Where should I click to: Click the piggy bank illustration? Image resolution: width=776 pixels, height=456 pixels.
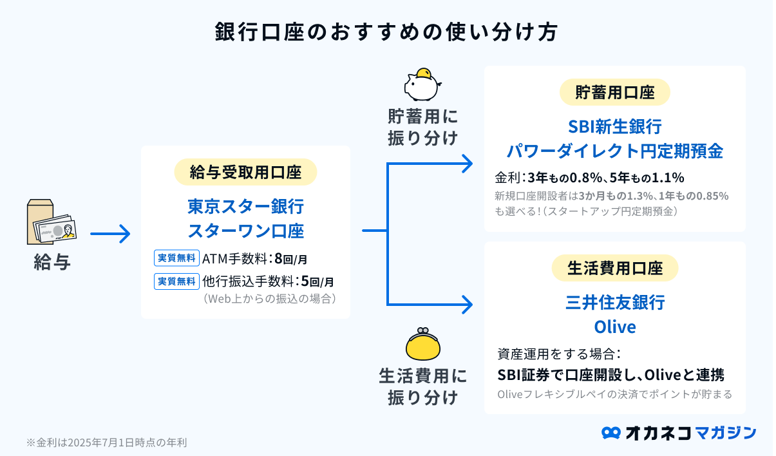(422, 84)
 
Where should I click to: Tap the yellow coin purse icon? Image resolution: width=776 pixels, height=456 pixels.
(422, 344)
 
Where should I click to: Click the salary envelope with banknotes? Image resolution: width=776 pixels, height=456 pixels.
(52, 222)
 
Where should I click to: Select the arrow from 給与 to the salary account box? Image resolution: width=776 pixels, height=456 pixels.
(110, 234)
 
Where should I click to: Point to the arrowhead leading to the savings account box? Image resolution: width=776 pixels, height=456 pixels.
(468, 164)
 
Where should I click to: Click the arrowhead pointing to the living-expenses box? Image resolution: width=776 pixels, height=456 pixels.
(468, 305)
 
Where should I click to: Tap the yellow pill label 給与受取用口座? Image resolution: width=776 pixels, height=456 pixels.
(245, 172)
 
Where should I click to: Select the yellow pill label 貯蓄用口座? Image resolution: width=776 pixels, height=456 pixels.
(614, 92)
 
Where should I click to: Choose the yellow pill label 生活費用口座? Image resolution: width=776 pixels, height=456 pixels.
(614, 268)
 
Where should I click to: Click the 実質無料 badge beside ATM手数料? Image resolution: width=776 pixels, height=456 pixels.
(176, 258)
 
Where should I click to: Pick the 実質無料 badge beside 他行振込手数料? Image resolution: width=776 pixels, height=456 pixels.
(176, 281)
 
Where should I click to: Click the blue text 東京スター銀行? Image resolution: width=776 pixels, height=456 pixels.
(245, 207)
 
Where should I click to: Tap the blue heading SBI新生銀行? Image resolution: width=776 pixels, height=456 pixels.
(615, 126)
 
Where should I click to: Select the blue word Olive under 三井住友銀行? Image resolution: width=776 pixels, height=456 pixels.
(615, 327)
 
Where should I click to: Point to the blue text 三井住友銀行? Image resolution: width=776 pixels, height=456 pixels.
(615, 302)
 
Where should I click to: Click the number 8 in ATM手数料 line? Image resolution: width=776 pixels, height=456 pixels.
(278, 258)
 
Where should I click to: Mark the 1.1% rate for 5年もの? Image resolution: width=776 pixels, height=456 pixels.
(668, 178)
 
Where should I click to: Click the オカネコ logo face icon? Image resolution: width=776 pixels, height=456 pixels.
(610, 433)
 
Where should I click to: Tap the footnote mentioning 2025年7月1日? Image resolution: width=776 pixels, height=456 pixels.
(107, 442)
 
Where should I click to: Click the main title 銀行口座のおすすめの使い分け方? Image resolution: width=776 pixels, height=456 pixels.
(386, 32)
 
